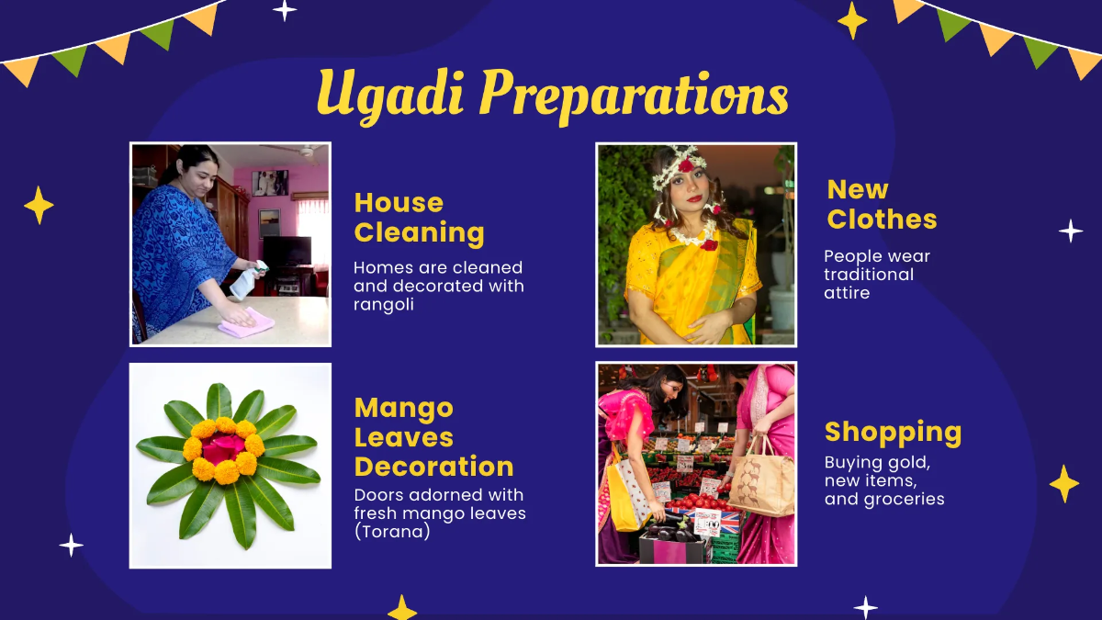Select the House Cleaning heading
pyautogui.click(x=419, y=218)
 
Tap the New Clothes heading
pyautogui.click(x=882, y=204)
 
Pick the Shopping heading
pyautogui.click(x=893, y=432)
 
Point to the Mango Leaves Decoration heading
pyautogui.click(x=433, y=437)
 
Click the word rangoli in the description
pyautogui.click(x=384, y=304)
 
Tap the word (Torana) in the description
pyautogui.click(x=392, y=531)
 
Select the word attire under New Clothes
pyautogui.click(x=847, y=293)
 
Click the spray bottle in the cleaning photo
pyautogui.click(x=247, y=281)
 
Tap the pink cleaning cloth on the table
pyautogui.click(x=246, y=322)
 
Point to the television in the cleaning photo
pyautogui.click(x=287, y=251)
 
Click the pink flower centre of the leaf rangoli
pyautogui.click(x=223, y=448)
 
